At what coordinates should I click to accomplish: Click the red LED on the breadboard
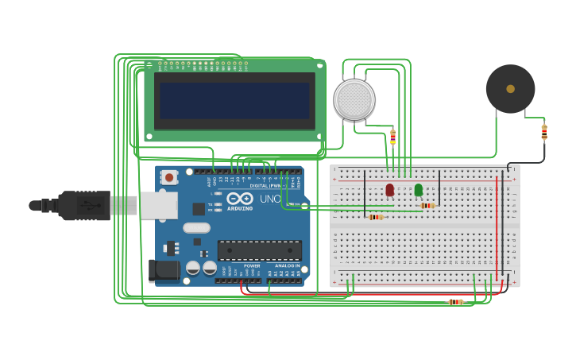(389, 190)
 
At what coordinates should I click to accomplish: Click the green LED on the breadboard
(419, 190)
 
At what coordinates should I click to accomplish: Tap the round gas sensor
(354, 100)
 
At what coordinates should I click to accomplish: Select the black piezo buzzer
(510, 89)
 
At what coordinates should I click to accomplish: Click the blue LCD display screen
(234, 101)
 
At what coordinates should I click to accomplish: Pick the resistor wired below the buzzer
(544, 132)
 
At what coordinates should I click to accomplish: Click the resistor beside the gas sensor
(392, 137)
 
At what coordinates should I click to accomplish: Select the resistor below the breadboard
(455, 302)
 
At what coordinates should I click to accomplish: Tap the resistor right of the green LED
(428, 206)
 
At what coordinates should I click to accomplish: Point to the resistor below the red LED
(376, 217)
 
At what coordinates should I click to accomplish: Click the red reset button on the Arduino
(168, 177)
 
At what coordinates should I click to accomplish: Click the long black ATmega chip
(259, 250)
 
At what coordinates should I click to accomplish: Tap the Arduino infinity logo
(239, 199)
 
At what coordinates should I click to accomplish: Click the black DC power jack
(164, 270)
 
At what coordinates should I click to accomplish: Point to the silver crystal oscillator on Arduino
(196, 228)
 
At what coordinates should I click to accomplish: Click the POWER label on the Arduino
(252, 265)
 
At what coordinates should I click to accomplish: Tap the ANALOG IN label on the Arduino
(287, 265)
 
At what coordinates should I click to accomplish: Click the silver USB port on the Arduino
(159, 205)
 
